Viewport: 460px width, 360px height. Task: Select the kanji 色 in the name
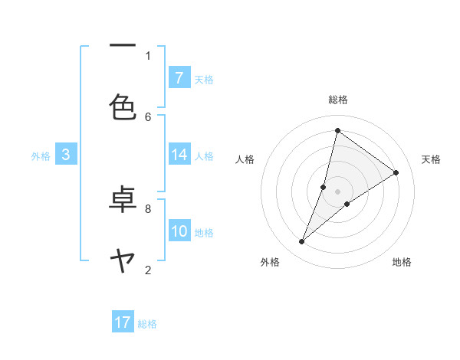click(123, 106)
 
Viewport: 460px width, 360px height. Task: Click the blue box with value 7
click(179, 78)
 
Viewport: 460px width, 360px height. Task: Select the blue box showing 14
click(179, 155)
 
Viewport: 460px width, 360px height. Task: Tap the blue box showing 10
click(179, 231)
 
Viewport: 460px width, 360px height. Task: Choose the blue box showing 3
click(66, 155)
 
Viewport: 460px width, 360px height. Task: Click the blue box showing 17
click(123, 322)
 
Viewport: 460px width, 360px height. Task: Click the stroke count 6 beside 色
click(148, 116)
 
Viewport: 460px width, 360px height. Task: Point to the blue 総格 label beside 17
click(147, 324)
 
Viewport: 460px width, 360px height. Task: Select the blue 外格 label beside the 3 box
click(41, 156)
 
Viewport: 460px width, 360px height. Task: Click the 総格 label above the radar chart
click(338, 100)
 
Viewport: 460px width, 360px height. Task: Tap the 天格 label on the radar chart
click(432, 159)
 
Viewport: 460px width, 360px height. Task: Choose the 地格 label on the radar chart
click(402, 262)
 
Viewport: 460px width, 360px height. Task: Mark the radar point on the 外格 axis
click(302, 242)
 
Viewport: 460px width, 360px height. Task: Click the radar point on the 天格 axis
click(396, 172)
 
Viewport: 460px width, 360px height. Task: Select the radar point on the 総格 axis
click(337, 130)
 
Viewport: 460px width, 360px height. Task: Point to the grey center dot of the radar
click(338, 191)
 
